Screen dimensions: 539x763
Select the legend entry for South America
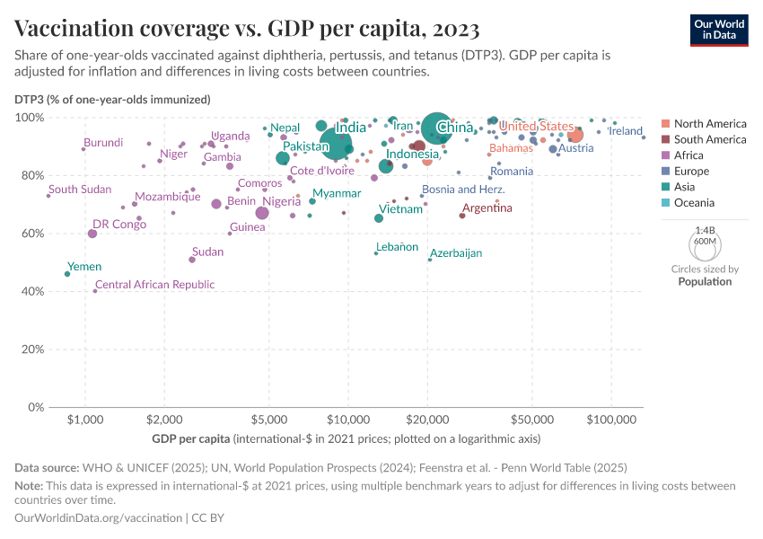point(709,139)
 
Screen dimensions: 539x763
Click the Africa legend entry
point(695,155)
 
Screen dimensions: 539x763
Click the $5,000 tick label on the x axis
point(268,420)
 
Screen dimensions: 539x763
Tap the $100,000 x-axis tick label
point(612,420)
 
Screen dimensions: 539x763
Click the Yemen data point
point(67,274)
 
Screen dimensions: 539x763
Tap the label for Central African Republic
point(154,285)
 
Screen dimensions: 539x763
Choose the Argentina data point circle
point(462,216)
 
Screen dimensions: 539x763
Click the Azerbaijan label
point(456,253)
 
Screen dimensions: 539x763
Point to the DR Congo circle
point(92,234)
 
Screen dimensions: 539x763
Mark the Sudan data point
point(192,260)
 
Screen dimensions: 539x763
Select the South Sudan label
point(80,190)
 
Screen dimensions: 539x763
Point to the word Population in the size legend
point(705,281)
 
